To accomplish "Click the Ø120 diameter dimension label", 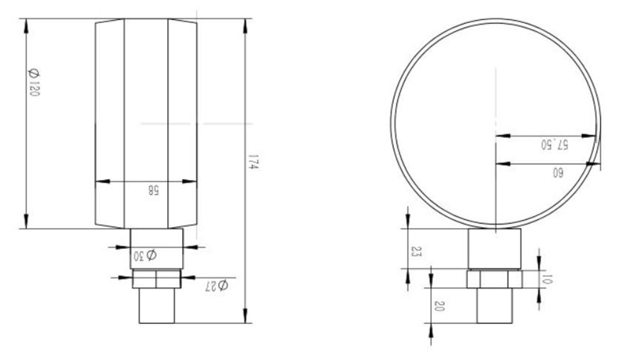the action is tap(34, 83).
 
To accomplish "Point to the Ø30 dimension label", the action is tap(145, 256).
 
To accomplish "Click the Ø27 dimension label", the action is tap(216, 285).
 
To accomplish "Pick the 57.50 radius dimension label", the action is tap(554, 144).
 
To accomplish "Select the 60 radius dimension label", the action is tap(557, 173).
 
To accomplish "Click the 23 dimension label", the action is tap(416, 251).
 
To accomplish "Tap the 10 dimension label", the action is tap(548, 279).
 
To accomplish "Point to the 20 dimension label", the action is tap(439, 306).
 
